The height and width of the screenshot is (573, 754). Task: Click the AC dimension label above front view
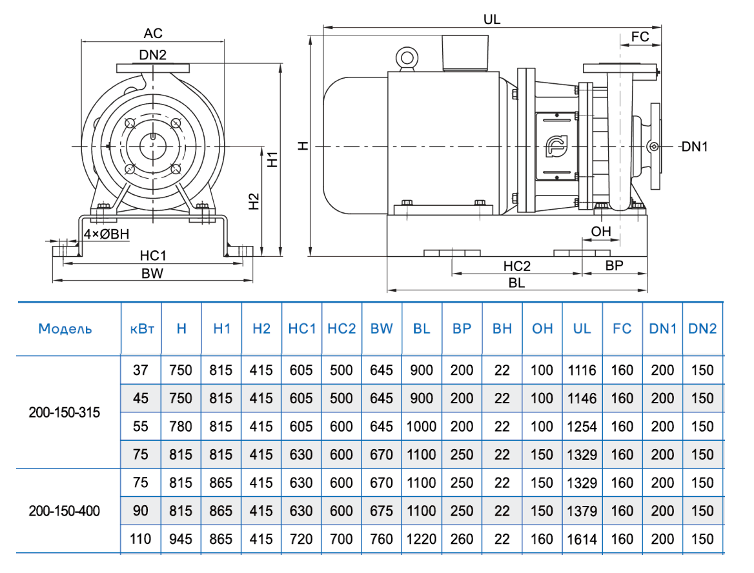coord(153,33)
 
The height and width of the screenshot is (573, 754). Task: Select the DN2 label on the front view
coord(152,55)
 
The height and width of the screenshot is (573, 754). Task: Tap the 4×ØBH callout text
coord(107,234)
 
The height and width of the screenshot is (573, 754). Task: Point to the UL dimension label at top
coord(492,19)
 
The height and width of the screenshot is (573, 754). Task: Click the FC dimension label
coord(640,37)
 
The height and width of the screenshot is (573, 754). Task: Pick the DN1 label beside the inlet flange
coord(695,147)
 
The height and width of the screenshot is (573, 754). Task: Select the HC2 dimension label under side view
coord(516,266)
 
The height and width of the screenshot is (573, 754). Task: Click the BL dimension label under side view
coord(516,283)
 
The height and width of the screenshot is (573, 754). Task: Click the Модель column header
coord(65,329)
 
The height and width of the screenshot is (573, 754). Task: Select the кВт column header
coord(141,329)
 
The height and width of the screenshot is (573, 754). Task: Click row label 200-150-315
coord(65,412)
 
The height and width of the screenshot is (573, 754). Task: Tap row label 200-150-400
coord(65,511)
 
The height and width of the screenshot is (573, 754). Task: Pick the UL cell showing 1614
coord(582,539)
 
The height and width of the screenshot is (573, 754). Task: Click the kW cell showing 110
coord(141,539)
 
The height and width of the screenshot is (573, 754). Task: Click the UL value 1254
coord(582,427)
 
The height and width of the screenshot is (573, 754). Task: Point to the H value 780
coord(181,427)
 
